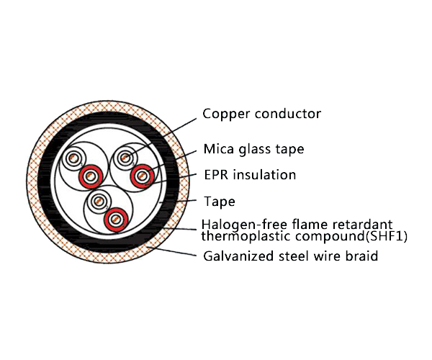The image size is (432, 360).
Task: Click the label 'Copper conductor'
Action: pos(261,114)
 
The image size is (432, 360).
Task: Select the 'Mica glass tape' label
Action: pos(253,150)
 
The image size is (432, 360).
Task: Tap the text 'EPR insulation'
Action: pos(249,175)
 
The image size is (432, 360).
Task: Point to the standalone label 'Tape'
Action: pos(219,202)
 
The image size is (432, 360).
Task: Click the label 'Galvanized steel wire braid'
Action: pos(290,256)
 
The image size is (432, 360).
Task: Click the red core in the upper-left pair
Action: pos(91,174)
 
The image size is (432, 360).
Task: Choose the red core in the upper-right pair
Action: pos(142,174)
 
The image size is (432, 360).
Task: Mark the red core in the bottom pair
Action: pos(114,217)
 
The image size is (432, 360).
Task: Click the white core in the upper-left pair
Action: pos(73,158)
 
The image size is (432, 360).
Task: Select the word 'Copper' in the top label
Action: pos(223,114)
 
